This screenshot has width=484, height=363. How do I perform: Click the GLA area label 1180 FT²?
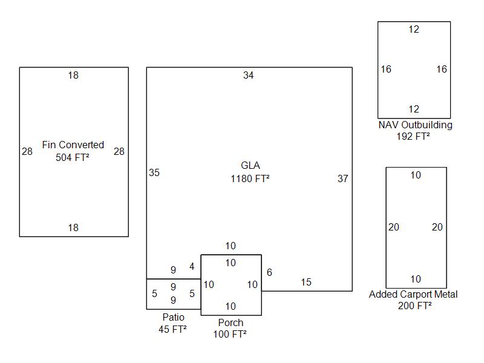click(250, 178)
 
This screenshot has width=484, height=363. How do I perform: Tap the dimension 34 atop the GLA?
click(249, 76)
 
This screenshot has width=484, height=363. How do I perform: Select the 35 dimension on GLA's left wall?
click(154, 173)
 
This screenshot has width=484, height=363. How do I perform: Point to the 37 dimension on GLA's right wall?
click(343, 179)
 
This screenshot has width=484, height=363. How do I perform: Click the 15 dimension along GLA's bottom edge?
click(306, 283)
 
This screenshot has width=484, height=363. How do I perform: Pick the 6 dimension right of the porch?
click(269, 273)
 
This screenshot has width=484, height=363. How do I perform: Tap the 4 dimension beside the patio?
click(192, 267)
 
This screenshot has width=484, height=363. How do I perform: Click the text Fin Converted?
click(73, 145)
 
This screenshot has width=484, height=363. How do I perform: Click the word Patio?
click(173, 318)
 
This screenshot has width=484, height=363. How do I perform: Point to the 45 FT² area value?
click(172, 330)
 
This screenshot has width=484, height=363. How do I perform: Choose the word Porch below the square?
click(231, 323)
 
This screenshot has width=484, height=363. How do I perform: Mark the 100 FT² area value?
click(230, 335)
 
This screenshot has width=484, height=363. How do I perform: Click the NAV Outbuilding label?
click(415, 125)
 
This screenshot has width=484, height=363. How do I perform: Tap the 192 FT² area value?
click(413, 137)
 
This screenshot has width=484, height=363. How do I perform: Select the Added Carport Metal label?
click(413, 295)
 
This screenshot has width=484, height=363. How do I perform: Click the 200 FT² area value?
click(415, 306)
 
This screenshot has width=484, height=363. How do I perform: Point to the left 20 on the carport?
click(394, 227)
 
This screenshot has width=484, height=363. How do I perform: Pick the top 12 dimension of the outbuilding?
click(414, 30)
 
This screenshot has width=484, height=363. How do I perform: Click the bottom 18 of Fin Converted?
click(73, 228)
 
